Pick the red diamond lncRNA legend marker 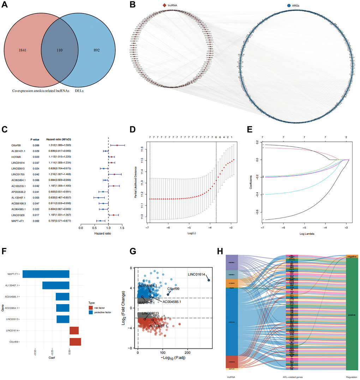(x=164, y=5)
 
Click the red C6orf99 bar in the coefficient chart (x=75, y=342)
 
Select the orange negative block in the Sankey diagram (x=352, y=257)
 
